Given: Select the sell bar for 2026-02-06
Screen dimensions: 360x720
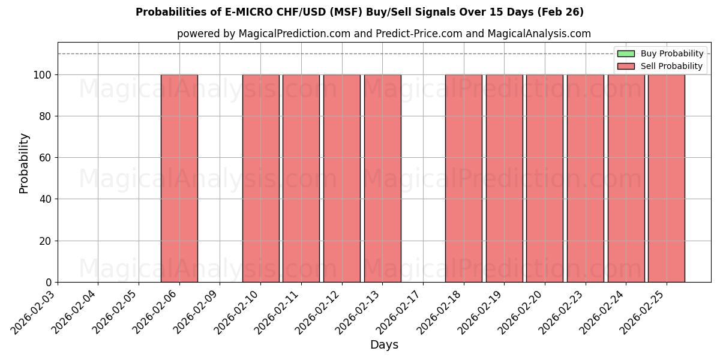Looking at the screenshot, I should pos(179,178).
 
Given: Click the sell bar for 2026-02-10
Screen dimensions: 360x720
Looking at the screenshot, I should pos(260,178).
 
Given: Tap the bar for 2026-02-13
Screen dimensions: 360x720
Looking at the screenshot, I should pos(382,178).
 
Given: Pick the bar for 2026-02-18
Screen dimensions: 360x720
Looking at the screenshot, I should pos(463,178).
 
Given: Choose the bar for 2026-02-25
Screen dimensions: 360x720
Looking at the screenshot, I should pos(666,178).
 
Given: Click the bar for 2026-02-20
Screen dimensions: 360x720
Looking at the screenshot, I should pos(544,178).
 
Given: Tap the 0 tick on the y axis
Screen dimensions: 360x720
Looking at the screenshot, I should pos(49,283).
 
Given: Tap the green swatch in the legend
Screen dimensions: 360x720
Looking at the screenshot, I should pos(626,54).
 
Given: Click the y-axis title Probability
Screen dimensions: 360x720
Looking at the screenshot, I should pos(24,163).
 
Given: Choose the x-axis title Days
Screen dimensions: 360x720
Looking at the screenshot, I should pos(384,345).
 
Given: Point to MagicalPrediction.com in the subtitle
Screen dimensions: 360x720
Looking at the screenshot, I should pos(294,34).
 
